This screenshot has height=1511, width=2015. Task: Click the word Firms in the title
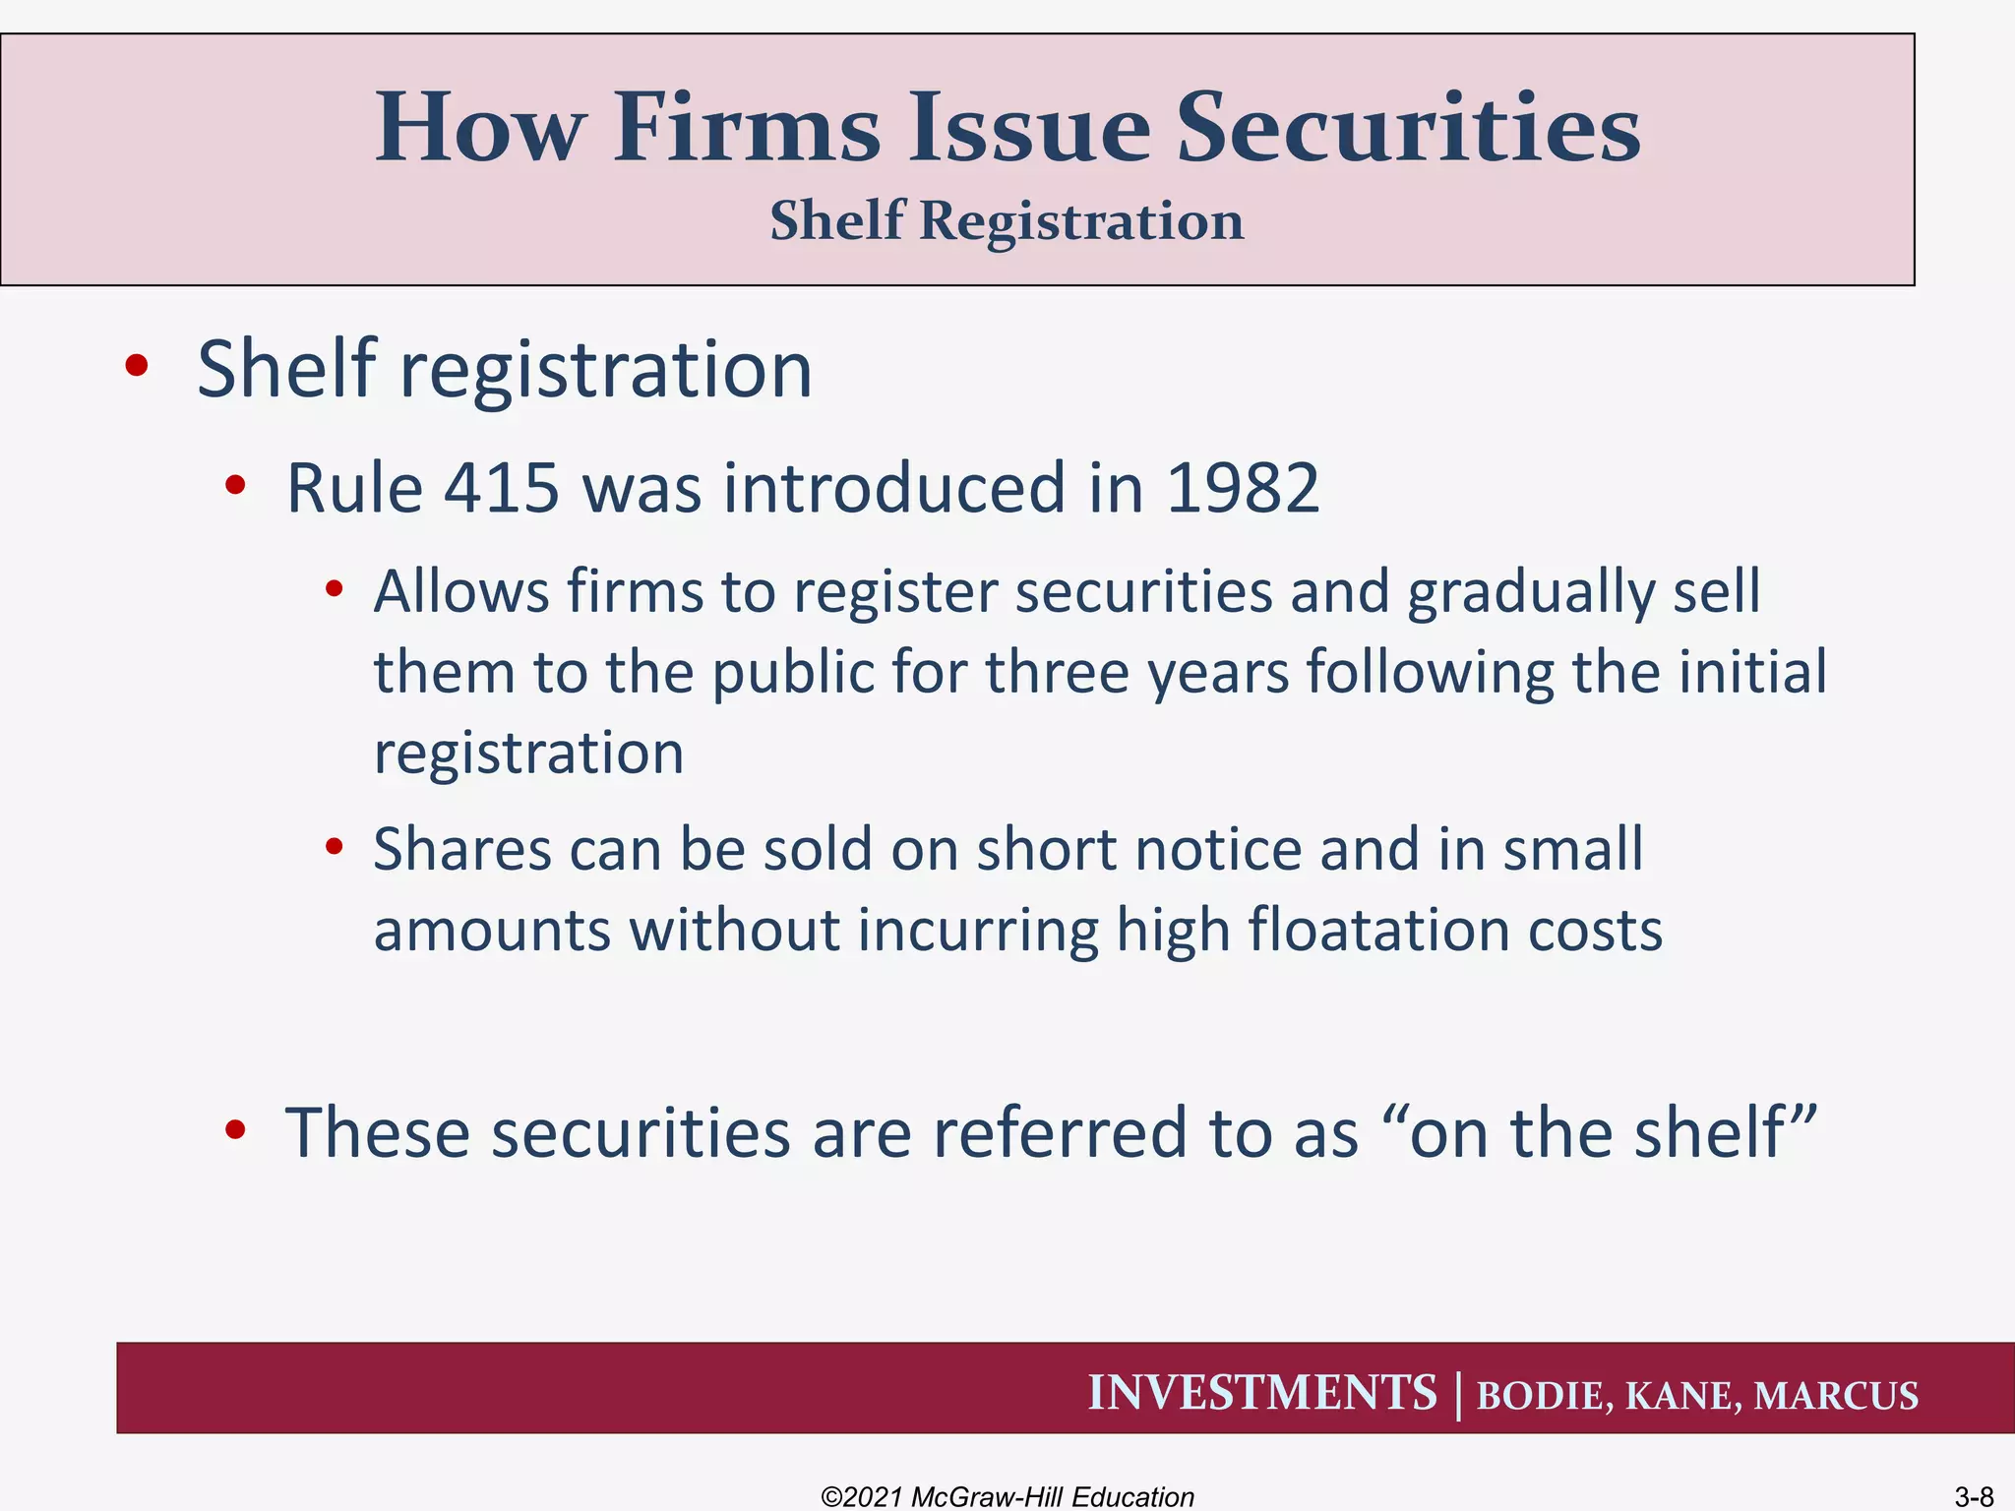tap(747, 128)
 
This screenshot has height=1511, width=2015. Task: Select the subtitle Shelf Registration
tap(1007, 220)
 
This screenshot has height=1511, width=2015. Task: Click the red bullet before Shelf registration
tap(137, 366)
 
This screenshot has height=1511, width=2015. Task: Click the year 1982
tap(1242, 488)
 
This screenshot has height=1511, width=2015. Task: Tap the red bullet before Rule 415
tap(234, 485)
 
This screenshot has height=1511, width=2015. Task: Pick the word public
tap(793, 673)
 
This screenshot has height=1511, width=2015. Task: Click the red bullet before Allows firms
tap(335, 589)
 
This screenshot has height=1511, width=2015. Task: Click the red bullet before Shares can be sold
tap(335, 846)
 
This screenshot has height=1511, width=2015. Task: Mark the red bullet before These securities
tap(234, 1130)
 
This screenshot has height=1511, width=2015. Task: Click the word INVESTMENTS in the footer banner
tap(1261, 1393)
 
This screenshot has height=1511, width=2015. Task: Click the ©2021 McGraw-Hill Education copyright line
tap(1007, 1496)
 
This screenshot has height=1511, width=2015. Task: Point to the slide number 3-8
tap(1974, 1496)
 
